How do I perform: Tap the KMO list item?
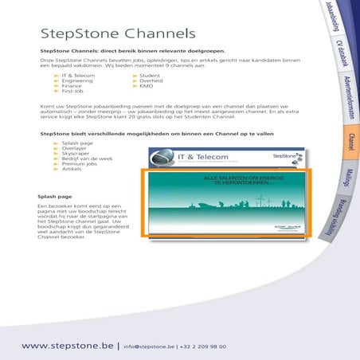(147, 86)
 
